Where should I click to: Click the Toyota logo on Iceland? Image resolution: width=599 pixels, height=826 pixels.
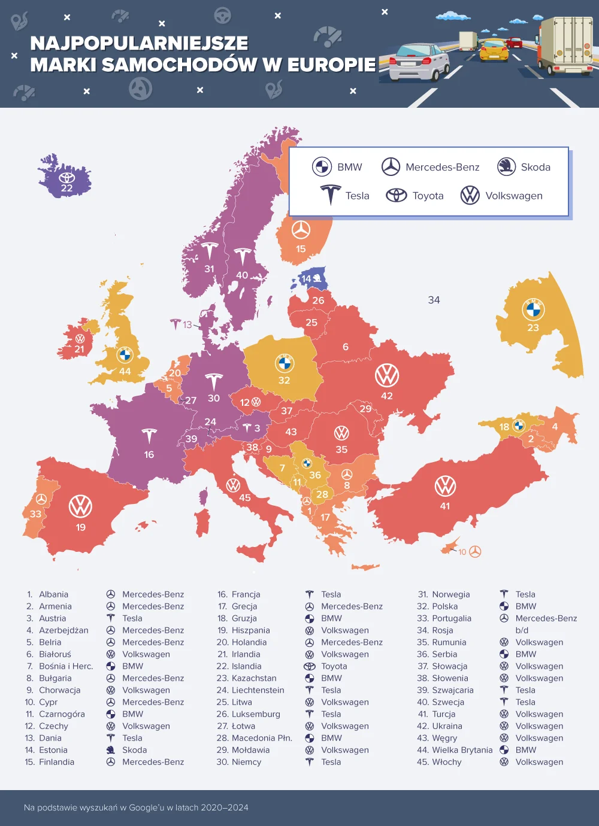pyautogui.click(x=66, y=178)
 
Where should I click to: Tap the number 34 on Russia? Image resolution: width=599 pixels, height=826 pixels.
pyautogui.click(x=434, y=300)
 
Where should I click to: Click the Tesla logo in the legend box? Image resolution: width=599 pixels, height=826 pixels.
pyautogui.click(x=330, y=195)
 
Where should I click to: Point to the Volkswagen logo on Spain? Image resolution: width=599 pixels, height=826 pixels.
pyautogui.click(x=80, y=506)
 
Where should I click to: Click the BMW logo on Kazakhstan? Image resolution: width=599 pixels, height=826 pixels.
pyautogui.click(x=533, y=309)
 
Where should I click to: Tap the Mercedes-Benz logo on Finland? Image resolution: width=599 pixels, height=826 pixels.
pyautogui.click(x=301, y=230)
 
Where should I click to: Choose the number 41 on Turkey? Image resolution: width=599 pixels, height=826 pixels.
pyautogui.click(x=444, y=506)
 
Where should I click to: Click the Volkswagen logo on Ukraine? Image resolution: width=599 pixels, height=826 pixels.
pyautogui.click(x=387, y=375)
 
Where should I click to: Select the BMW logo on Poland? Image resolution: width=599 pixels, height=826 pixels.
pyautogui.click(x=285, y=363)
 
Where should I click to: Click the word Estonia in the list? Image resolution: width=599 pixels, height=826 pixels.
pyautogui.click(x=53, y=750)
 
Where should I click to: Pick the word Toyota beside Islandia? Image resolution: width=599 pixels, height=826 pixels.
pyautogui.click(x=334, y=666)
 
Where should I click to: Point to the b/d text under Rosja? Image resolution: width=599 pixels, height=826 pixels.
pyautogui.click(x=522, y=630)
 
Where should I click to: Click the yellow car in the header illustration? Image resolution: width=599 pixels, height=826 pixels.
pyautogui.click(x=494, y=50)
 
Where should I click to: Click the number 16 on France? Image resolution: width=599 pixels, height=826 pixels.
pyautogui.click(x=149, y=454)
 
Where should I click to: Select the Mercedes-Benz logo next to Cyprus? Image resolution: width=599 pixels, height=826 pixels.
pyautogui.click(x=475, y=551)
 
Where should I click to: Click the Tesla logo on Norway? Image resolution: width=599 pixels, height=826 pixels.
pyautogui.click(x=209, y=251)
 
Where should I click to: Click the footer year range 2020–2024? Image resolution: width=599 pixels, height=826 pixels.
pyautogui.click(x=224, y=807)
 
